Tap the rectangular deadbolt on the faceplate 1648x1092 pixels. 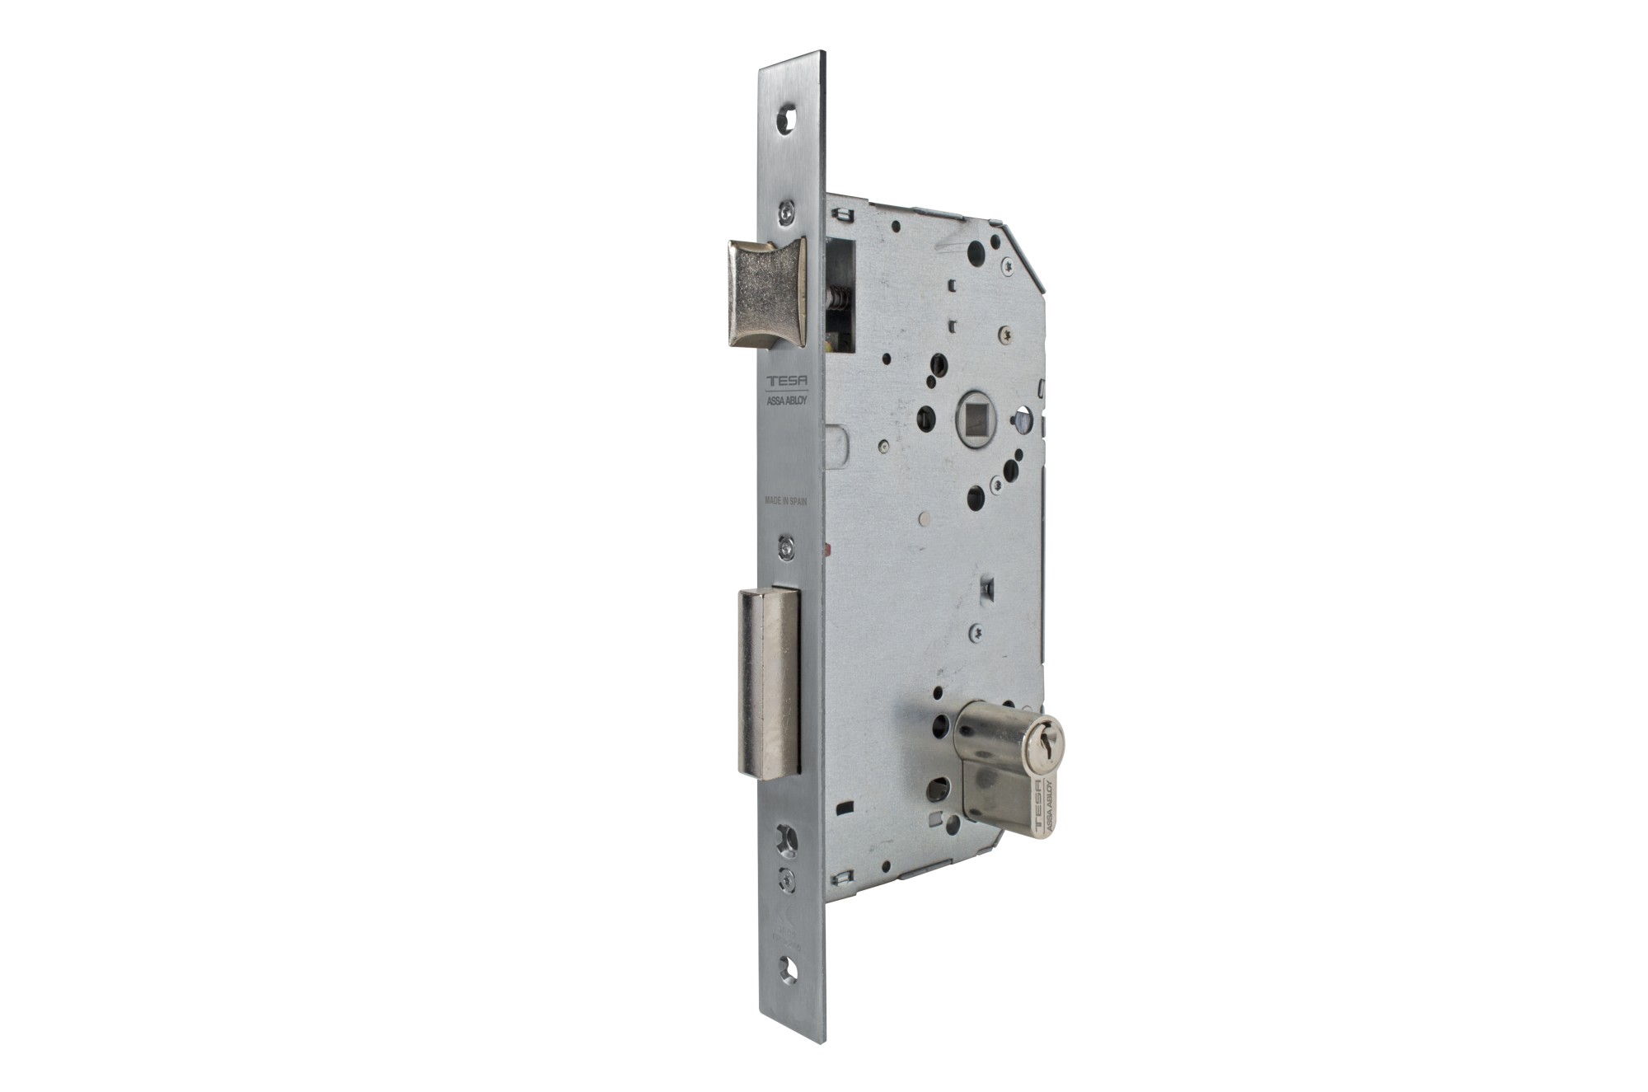click(769, 684)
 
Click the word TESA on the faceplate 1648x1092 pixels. click(789, 382)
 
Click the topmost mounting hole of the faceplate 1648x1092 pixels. click(789, 118)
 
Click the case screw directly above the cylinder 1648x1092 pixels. click(978, 633)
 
